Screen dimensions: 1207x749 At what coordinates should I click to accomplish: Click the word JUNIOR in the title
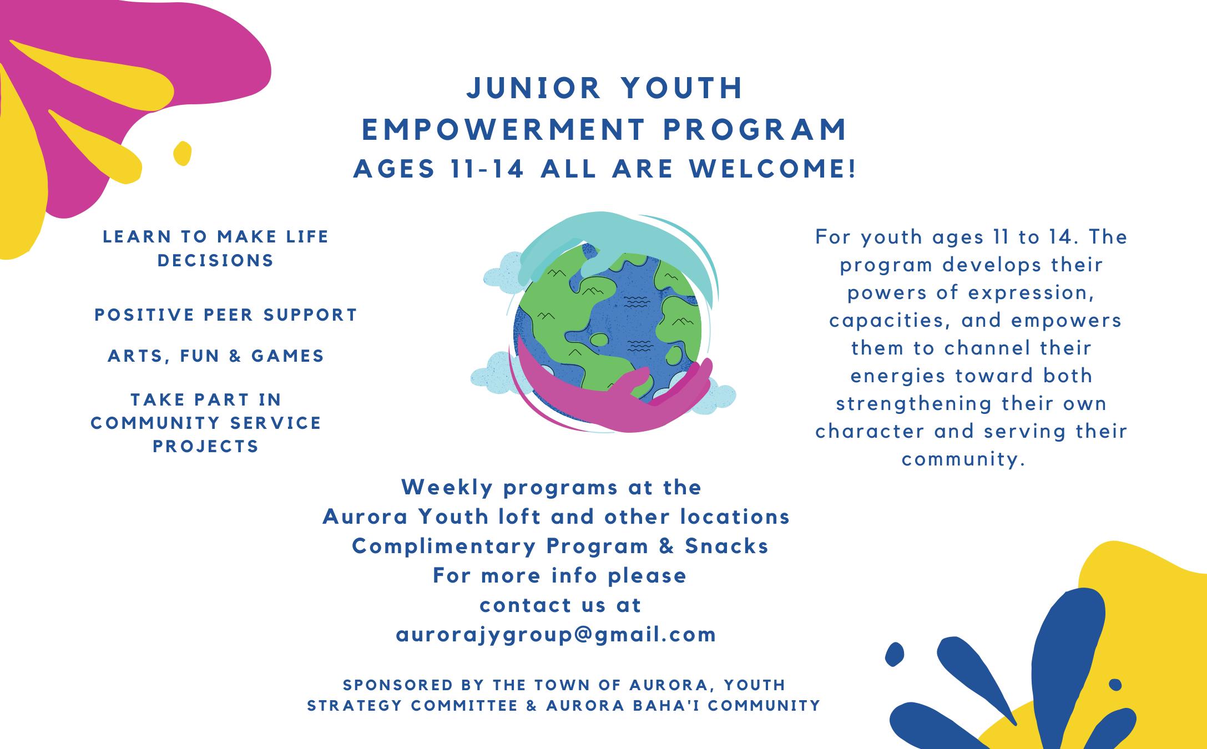click(x=533, y=88)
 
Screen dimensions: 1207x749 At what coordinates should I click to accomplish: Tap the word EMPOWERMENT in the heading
click(x=503, y=129)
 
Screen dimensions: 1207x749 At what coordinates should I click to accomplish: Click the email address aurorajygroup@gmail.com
click(x=556, y=635)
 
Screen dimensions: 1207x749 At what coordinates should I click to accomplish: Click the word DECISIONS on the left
click(x=216, y=260)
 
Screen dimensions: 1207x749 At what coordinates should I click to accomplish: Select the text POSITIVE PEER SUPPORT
click(x=226, y=315)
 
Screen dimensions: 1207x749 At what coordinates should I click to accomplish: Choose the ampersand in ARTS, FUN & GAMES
click(x=235, y=356)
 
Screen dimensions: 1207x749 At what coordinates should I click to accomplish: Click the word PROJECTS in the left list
click(x=206, y=446)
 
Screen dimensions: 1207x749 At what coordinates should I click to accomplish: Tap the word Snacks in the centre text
click(x=726, y=546)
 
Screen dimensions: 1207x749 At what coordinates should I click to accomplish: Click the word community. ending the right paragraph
click(x=963, y=459)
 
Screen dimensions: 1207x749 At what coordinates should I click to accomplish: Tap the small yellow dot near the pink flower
click(x=182, y=153)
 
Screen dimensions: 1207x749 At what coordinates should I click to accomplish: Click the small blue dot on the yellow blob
click(x=1115, y=685)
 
